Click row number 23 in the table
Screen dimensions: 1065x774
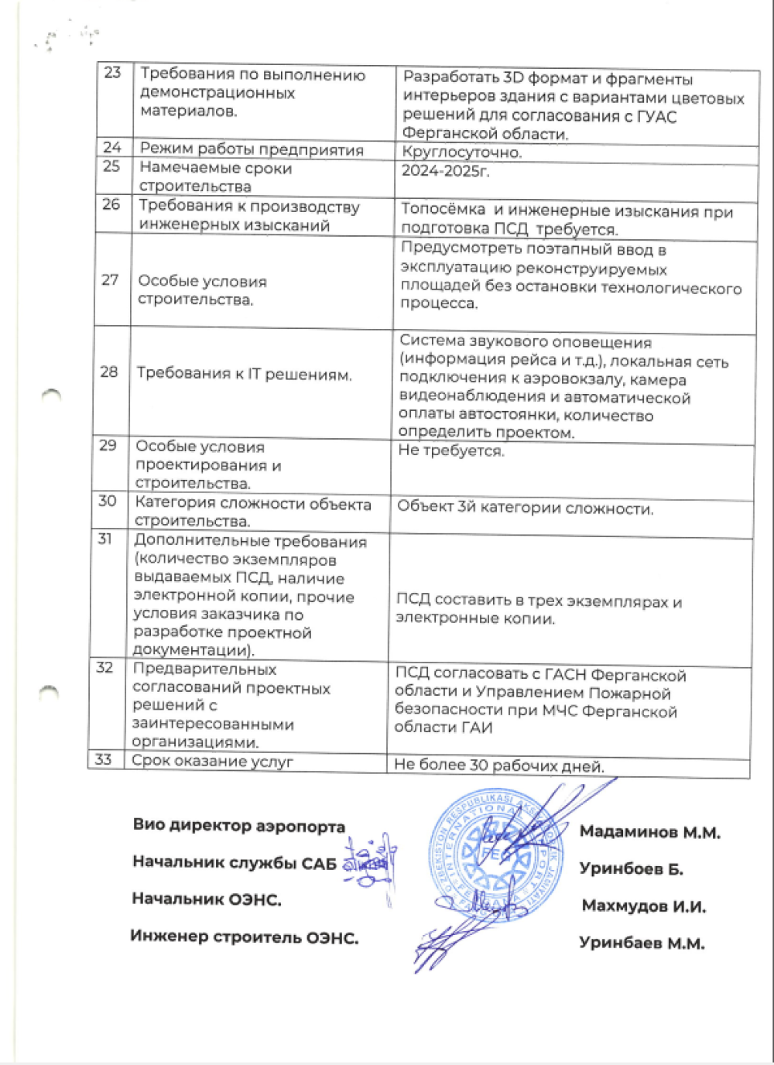[x=113, y=73]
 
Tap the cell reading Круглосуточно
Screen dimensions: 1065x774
[x=462, y=152]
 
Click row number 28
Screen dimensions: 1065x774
[x=109, y=372]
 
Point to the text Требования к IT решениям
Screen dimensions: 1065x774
[x=244, y=375]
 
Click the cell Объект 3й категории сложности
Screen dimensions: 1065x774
[x=525, y=509]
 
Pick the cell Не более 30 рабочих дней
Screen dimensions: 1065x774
[x=499, y=766]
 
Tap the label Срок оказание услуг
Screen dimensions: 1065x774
[x=212, y=761]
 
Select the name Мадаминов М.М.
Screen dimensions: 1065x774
[x=649, y=833]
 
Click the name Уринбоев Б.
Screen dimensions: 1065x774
[x=631, y=869]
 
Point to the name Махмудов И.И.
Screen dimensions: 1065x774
[x=643, y=906]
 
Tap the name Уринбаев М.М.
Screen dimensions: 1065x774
[x=642, y=943]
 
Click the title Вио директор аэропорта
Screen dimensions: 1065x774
[x=238, y=826]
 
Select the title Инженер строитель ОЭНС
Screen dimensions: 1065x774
[x=244, y=937]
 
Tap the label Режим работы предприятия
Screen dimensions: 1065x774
[x=252, y=149]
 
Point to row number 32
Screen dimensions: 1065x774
[x=104, y=668]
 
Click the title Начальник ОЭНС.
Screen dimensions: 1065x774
[x=206, y=899]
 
